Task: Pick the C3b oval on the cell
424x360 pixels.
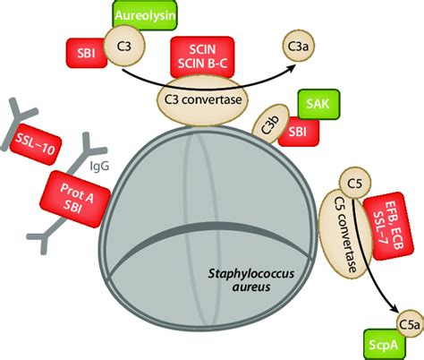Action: click(x=274, y=128)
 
